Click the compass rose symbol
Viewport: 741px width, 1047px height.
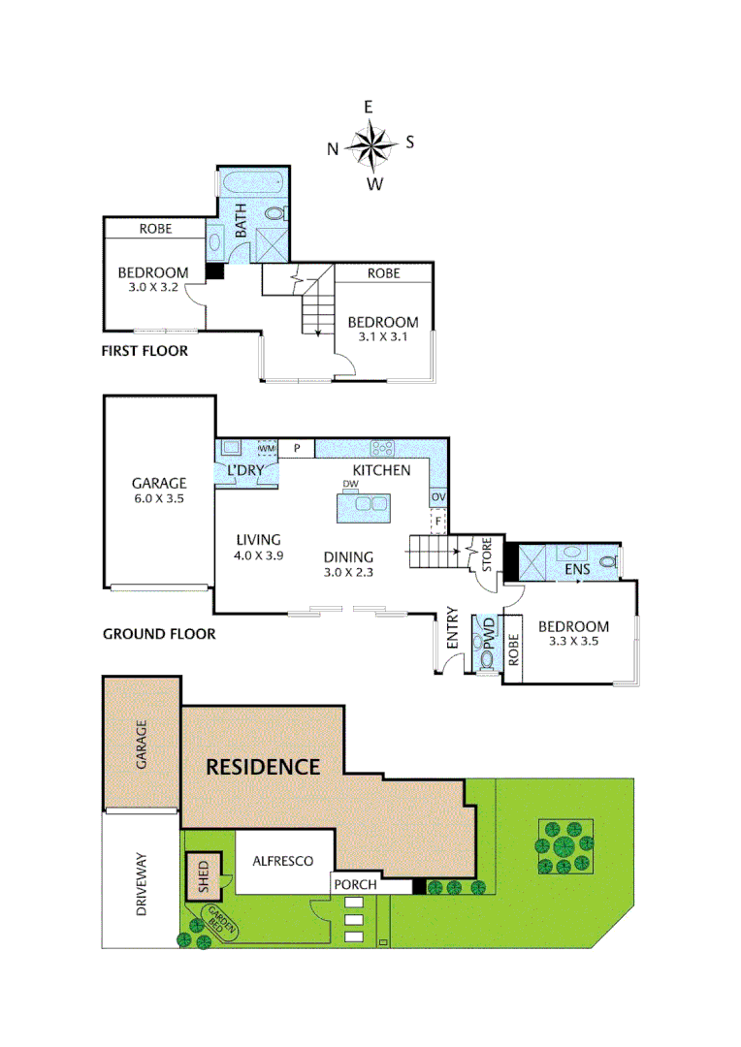[x=370, y=145]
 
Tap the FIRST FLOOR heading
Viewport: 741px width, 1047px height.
[x=145, y=351]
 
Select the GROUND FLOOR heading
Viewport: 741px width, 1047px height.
[x=158, y=635]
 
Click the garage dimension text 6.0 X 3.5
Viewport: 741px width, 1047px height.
[x=158, y=500]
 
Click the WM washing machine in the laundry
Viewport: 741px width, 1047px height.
[x=267, y=449]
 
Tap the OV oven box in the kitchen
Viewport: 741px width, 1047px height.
[x=438, y=497]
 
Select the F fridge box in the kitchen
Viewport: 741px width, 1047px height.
[x=438, y=523]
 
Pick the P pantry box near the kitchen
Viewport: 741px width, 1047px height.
[x=298, y=448]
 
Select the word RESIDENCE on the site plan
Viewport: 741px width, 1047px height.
[x=263, y=767]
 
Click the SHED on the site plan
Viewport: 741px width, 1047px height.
[x=204, y=875]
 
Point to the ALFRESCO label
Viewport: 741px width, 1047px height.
[x=282, y=860]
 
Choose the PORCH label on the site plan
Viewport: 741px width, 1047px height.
[x=353, y=885]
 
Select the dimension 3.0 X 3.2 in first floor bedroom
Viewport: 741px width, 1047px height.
[x=153, y=288]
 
